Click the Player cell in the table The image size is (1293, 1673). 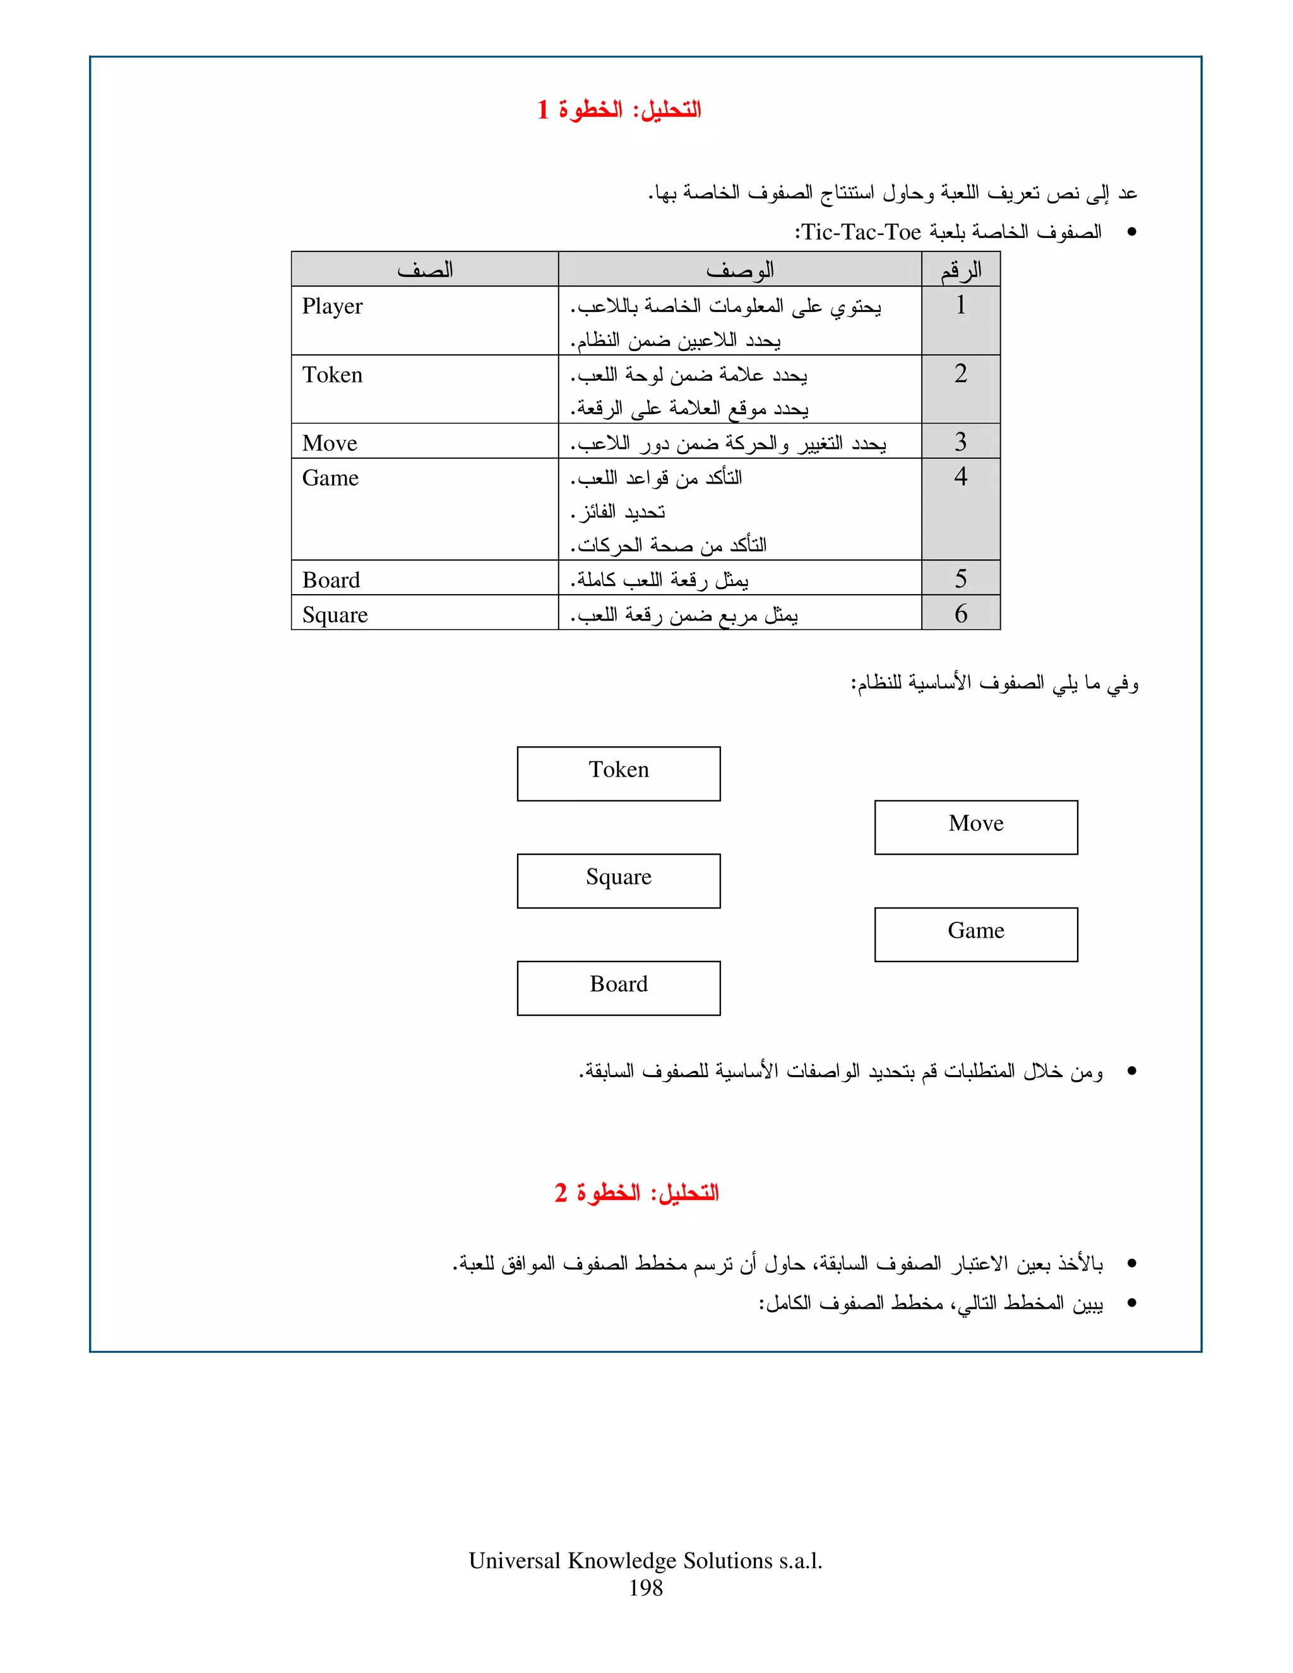333,306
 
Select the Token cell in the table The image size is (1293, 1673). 333,376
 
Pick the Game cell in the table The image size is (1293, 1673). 330,478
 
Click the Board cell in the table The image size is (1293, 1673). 331,581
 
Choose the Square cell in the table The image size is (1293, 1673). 335,615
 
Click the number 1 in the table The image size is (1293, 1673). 960,306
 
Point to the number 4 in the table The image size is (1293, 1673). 960,477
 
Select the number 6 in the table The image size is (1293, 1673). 960,614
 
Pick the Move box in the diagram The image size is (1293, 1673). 976,827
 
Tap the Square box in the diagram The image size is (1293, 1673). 618,881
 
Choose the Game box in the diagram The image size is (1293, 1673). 976,934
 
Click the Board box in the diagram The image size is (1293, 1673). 618,988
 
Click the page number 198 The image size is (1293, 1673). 646,1588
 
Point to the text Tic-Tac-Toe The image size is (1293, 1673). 861,232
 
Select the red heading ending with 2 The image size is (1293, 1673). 636,1193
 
